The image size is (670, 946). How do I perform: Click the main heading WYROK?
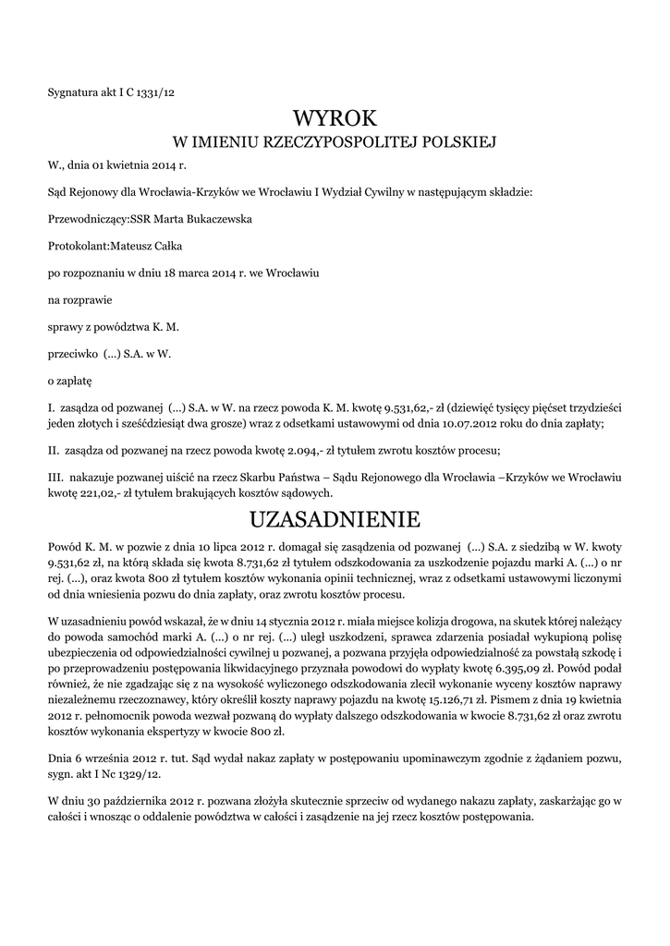[335, 117]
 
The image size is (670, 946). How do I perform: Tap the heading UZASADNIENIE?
[335, 516]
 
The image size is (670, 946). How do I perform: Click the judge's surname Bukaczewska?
[219, 220]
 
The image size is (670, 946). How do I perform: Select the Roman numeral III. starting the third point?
[54, 477]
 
